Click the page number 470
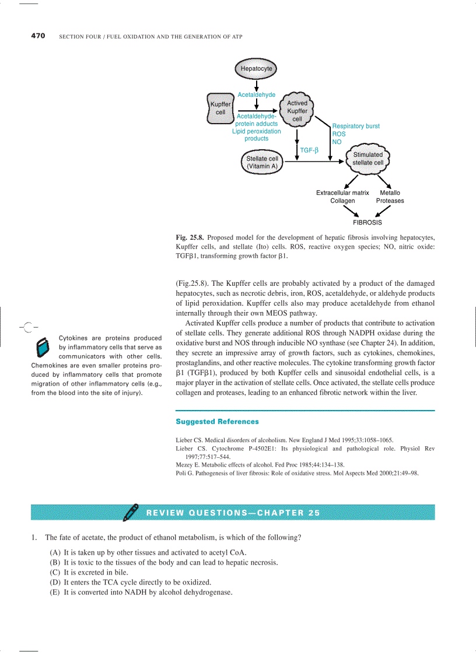[x=38, y=36]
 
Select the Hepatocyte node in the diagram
[x=257, y=69]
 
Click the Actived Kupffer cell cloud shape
[x=297, y=111]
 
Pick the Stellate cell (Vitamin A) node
[x=262, y=162]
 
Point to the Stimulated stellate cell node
[x=368, y=159]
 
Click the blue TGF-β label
[x=309, y=150]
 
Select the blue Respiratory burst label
[x=356, y=126]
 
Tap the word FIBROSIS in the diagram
[x=367, y=223]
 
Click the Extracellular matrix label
[x=342, y=192]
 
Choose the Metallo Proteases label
[x=390, y=197]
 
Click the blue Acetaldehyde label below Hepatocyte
[x=257, y=94]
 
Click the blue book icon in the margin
[x=43, y=348]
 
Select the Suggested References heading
[x=217, y=421]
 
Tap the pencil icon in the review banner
[x=131, y=512]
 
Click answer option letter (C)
[x=55, y=572]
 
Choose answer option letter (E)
[x=55, y=592]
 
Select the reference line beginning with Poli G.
[x=297, y=473]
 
